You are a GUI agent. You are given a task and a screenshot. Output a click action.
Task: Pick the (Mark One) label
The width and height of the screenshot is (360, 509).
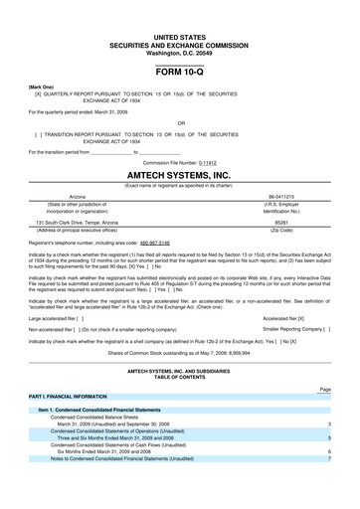coord(41,87)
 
